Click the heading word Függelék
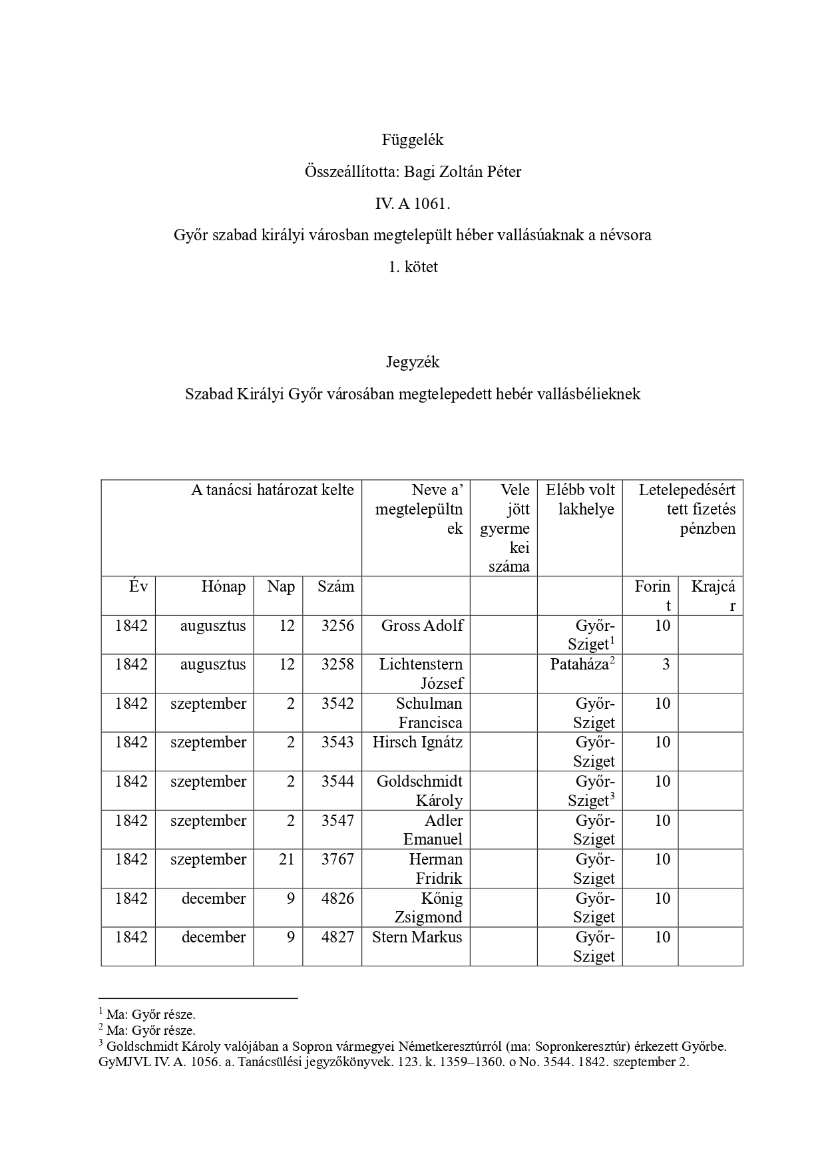(413, 140)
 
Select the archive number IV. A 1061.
(413, 204)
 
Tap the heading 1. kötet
(413, 267)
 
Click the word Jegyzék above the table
(413, 362)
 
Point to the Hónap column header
(224, 586)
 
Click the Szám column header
(335, 586)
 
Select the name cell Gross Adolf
(422, 626)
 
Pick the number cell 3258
(337, 664)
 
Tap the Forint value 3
(665, 664)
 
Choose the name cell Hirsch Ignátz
(417, 742)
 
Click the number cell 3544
(337, 781)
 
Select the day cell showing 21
(286, 859)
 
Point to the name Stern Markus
(417, 937)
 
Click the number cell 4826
(337, 898)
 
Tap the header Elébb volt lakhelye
(580, 500)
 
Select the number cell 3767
(337, 859)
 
